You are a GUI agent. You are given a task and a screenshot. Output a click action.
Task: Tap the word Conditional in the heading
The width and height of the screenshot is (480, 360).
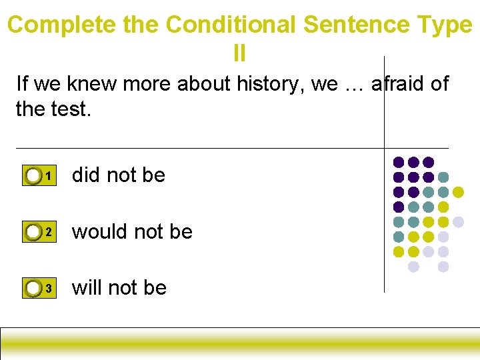[x=231, y=25]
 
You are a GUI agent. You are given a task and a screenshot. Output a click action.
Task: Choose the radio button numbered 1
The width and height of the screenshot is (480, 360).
[x=33, y=176]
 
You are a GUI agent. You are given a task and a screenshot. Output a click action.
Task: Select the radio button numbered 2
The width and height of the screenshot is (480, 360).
[x=33, y=232]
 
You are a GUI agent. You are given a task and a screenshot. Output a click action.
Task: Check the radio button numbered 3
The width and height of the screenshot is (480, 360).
[x=33, y=288]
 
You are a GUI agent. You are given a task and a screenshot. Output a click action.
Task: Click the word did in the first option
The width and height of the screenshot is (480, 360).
[x=86, y=175]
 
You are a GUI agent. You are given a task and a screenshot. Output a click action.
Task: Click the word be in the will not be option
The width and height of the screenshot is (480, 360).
[x=155, y=287]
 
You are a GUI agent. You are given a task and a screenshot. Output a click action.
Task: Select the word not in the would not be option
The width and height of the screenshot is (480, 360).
[x=145, y=231]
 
